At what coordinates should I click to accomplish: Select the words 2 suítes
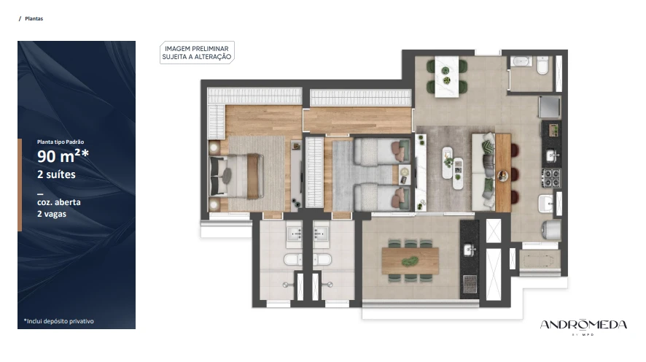56,174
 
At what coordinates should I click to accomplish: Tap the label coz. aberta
59,202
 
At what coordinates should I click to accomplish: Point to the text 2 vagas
52,214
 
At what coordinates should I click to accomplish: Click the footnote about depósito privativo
58,321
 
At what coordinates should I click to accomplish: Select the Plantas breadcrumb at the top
34,18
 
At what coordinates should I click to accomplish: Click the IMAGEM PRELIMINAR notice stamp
197,53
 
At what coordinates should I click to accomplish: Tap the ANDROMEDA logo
583,326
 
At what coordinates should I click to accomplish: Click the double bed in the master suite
236,176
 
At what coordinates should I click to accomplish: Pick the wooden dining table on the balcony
410,261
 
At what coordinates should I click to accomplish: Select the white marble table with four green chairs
447,77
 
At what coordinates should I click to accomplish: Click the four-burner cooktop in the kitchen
550,177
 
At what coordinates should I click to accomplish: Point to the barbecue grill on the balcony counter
470,283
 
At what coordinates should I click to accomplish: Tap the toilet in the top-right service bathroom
542,66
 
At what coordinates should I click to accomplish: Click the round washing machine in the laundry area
551,231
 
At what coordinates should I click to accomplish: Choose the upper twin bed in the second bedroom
381,150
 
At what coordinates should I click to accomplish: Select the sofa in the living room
483,172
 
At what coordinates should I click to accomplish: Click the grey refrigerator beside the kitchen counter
550,107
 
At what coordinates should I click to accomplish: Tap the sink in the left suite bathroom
294,234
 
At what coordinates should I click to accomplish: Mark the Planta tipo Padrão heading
61,142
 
